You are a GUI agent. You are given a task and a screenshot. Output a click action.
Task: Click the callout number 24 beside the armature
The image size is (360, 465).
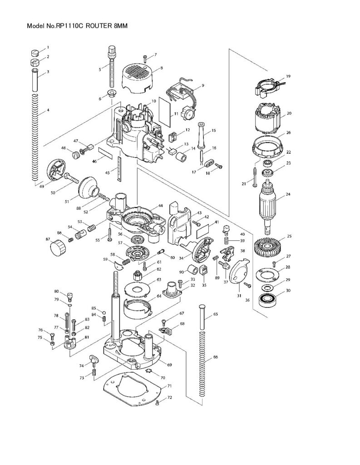tap(287, 194)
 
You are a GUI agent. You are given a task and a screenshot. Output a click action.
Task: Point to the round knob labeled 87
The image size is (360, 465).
tap(57, 248)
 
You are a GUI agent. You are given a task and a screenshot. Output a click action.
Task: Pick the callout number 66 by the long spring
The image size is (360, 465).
tap(215, 357)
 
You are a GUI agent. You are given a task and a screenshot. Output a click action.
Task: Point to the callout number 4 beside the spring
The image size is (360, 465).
tap(48, 110)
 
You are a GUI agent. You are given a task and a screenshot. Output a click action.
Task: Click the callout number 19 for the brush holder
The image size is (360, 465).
tap(288, 76)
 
